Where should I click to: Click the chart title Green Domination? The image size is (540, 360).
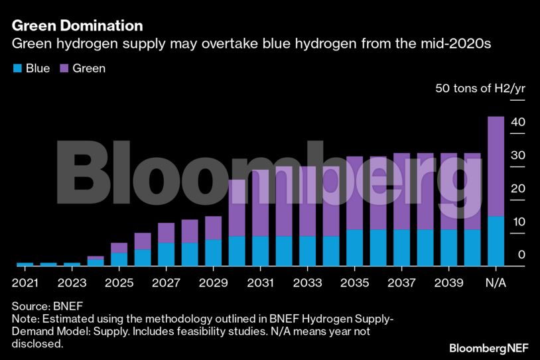tap(78, 26)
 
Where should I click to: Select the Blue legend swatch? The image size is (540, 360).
tap(17, 68)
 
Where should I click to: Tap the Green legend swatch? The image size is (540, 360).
tap(64, 68)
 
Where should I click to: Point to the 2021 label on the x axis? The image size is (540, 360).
tap(25, 282)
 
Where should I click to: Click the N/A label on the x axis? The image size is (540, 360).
tap(496, 282)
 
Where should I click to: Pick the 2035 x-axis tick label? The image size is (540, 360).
tap(354, 282)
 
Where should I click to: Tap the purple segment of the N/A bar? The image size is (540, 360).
tap(496, 166)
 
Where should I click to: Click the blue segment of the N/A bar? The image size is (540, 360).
tap(496, 241)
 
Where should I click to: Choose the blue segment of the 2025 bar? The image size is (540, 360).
tap(119, 259)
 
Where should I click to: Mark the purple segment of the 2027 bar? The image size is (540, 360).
tap(167, 233)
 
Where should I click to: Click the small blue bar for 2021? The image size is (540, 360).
tap(25, 264)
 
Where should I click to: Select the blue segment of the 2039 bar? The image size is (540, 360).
tap(448, 247)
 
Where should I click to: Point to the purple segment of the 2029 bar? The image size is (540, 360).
tap(214, 228)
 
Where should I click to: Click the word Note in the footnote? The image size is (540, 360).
tap(23, 320)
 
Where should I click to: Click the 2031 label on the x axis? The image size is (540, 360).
tap(261, 282)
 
